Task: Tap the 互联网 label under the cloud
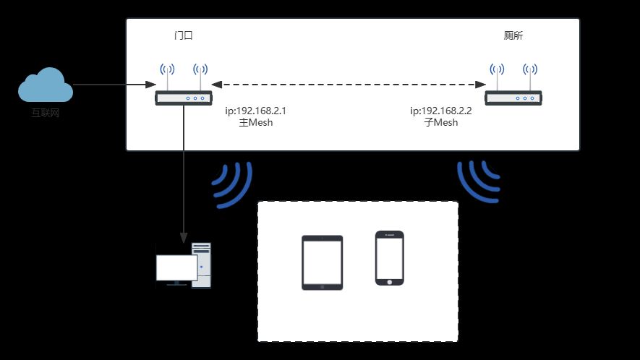[x=45, y=113]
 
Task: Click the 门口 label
[x=184, y=35]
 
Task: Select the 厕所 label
[x=513, y=35]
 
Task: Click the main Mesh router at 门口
[x=184, y=98]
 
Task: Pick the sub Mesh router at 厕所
[x=513, y=98]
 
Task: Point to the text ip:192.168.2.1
[x=257, y=111]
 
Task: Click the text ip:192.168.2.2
[x=441, y=111]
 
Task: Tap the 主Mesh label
[x=256, y=123]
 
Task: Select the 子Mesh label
[x=441, y=123]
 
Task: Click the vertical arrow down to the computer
[x=184, y=173]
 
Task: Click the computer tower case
[x=202, y=265]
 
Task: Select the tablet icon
[x=322, y=262]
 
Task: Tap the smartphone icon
[x=389, y=258]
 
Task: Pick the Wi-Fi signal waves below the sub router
[x=478, y=181]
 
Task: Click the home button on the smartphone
[x=389, y=280]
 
